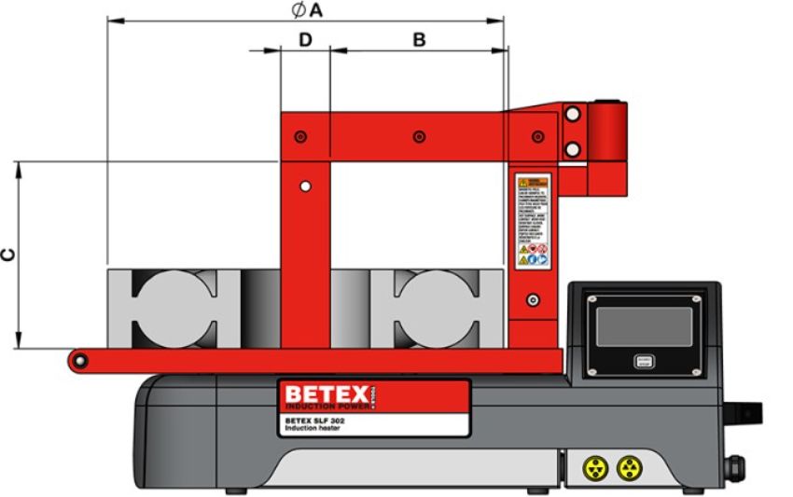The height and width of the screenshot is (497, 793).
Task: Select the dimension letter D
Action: click(x=304, y=39)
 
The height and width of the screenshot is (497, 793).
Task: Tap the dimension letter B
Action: click(x=419, y=39)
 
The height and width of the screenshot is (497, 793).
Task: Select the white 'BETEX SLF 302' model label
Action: click(x=322, y=424)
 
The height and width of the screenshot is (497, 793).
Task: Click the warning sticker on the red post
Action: click(x=533, y=220)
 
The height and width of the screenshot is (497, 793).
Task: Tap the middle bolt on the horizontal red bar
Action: click(x=419, y=137)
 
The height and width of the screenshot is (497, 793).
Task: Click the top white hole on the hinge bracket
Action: click(x=573, y=114)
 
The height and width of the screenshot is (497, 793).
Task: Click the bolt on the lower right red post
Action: click(x=532, y=300)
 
